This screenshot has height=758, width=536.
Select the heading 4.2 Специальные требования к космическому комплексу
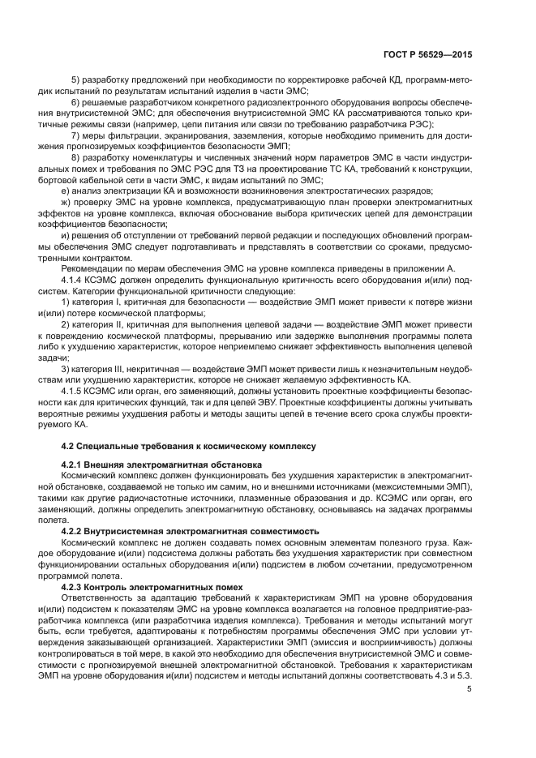[x=190, y=447]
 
